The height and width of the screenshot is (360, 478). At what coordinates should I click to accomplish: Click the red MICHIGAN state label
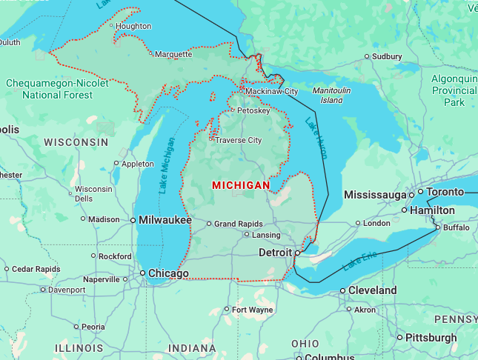click(x=241, y=184)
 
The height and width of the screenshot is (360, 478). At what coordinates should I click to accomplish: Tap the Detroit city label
click(x=275, y=253)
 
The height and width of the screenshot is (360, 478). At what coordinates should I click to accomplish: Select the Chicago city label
click(x=168, y=274)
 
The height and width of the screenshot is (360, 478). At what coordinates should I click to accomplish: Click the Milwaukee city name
click(x=166, y=220)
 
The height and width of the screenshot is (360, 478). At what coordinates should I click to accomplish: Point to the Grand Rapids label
click(x=239, y=223)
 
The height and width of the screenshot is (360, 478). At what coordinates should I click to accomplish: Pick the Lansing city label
click(x=267, y=235)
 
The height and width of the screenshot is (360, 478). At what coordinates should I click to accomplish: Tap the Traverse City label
click(x=238, y=140)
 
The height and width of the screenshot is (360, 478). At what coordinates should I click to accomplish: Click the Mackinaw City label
click(x=271, y=91)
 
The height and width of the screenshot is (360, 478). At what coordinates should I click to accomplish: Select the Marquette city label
click(x=173, y=54)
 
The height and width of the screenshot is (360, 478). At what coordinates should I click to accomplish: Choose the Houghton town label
click(x=133, y=26)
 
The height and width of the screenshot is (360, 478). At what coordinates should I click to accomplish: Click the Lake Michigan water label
click(x=167, y=166)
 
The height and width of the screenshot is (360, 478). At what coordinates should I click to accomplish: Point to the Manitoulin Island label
click(x=327, y=95)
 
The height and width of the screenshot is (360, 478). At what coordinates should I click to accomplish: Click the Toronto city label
click(x=444, y=192)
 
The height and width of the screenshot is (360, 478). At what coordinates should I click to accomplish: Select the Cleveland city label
click(x=372, y=290)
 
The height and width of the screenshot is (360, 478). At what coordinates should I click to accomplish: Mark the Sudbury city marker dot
click(x=366, y=56)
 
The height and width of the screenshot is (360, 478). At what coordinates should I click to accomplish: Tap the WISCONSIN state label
click(x=76, y=141)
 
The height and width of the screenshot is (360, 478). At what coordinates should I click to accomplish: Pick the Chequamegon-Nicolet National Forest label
click(x=57, y=89)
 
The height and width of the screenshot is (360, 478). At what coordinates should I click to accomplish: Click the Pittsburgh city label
click(x=431, y=338)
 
